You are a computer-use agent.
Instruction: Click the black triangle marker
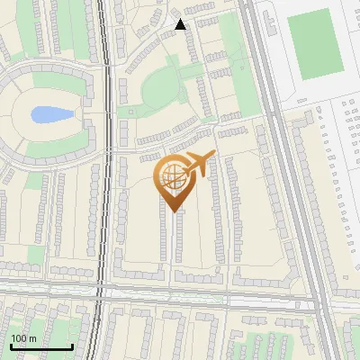(180, 24)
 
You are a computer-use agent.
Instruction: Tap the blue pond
(49, 115)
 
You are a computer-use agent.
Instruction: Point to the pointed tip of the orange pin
(173, 211)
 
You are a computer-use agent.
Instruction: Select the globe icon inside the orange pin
(172, 176)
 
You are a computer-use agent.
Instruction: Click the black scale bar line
(41, 347)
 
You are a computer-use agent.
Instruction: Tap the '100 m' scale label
(23, 338)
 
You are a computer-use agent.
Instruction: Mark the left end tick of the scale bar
(11, 346)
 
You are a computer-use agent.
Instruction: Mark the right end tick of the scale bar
(72, 346)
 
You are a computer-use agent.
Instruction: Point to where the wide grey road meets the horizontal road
(317, 297)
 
